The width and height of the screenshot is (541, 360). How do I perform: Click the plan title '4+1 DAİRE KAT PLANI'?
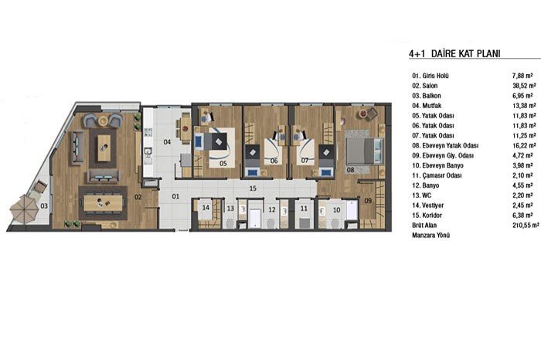pyautogui.click(x=454, y=53)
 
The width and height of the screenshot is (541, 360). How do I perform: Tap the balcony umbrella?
pyautogui.click(x=23, y=209)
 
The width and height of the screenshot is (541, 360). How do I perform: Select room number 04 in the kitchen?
pyautogui.click(x=167, y=141)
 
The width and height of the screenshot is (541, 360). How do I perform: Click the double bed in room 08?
pyautogui.click(x=365, y=151)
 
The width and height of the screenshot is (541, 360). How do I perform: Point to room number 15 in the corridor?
pyautogui.click(x=253, y=188)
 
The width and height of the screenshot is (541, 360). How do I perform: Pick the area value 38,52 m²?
pyautogui.click(x=524, y=86)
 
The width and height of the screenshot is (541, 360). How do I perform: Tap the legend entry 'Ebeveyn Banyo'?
pyautogui.click(x=437, y=165)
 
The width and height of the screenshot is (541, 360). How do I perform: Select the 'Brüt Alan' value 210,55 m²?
pyautogui.click(x=526, y=225)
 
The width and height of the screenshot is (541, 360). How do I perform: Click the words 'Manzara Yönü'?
pyautogui.click(x=431, y=236)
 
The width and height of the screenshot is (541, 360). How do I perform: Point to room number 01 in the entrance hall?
pyautogui.click(x=175, y=196)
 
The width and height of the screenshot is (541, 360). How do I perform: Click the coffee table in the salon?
pyautogui.click(x=104, y=148)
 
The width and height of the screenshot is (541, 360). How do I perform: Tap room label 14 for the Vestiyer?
pyautogui.click(x=206, y=208)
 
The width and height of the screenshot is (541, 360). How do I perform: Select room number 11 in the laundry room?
pyautogui.click(x=304, y=209)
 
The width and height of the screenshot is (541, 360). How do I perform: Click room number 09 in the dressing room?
pyautogui.click(x=368, y=200)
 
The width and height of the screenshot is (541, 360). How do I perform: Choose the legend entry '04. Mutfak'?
pyautogui.click(x=427, y=106)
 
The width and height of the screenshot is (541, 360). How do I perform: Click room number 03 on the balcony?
pyautogui.click(x=44, y=206)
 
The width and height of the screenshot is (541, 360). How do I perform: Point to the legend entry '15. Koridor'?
pyautogui.click(x=427, y=216)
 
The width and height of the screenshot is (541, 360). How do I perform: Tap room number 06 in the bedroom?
pyautogui.click(x=274, y=161)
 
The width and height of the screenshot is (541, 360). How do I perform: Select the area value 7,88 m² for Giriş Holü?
pyautogui.click(x=522, y=76)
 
